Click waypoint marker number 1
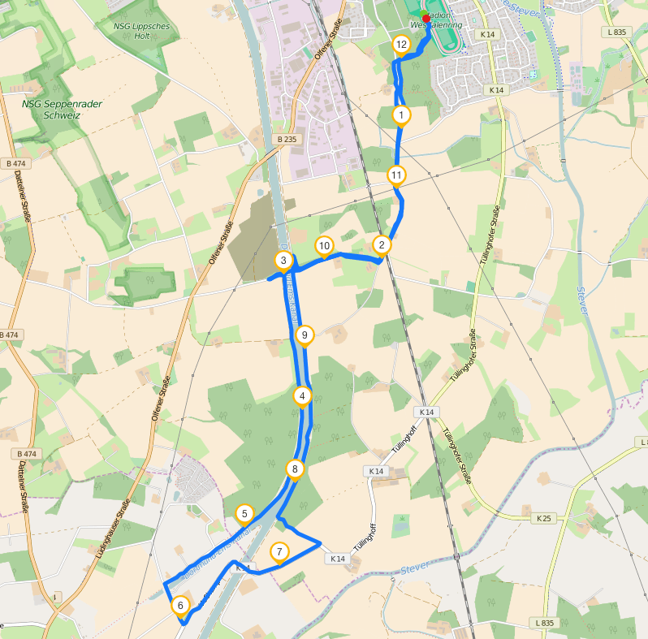click(401, 116)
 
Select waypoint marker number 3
click(283, 261)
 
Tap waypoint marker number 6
click(180, 605)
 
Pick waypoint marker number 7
click(279, 553)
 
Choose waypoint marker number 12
click(400, 45)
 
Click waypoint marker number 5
click(244, 514)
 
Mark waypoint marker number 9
click(304, 335)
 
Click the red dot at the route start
click(426, 18)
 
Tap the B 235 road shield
click(287, 140)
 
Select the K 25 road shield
click(543, 517)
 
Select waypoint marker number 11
click(396, 175)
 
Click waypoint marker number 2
click(382, 244)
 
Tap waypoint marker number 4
click(302, 396)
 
